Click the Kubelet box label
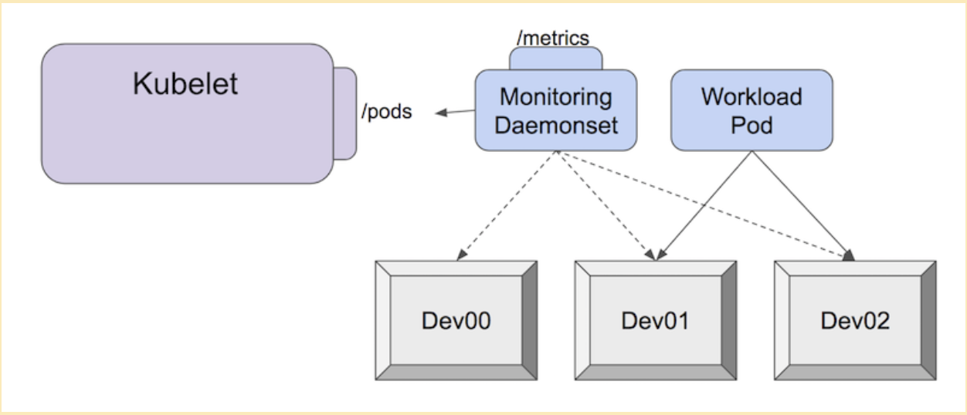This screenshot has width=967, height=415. point(185,84)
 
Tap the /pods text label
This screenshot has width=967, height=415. point(386,111)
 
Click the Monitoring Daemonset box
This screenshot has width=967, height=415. point(555,110)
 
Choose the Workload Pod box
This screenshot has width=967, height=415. point(751,110)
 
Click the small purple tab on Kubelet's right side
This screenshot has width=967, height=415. point(344,113)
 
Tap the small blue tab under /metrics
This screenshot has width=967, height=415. point(555,59)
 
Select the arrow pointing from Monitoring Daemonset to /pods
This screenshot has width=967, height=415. point(455,113)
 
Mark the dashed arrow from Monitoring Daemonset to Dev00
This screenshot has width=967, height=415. point(506,204)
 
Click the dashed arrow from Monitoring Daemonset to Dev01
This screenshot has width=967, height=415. point(606,204)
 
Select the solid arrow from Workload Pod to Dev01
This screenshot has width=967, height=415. point(703,204)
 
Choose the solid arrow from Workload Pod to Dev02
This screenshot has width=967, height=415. point(803,204)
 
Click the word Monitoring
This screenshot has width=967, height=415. point(555,98)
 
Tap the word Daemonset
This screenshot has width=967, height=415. point(555,124)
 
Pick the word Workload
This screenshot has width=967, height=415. point(751,97)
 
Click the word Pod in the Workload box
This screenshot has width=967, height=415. point(751,124)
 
